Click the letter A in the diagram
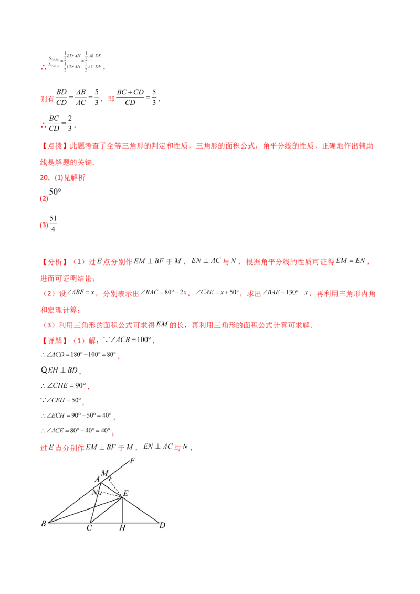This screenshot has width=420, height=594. [97, 479]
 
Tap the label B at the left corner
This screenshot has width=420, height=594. [43, 524]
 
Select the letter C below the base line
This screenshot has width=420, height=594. [90, 528]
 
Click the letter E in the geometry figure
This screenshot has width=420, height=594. [125, 494]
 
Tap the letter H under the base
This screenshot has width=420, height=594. [122, 528]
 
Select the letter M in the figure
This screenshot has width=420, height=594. [104, 473]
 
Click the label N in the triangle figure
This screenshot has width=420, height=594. [94, 493]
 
